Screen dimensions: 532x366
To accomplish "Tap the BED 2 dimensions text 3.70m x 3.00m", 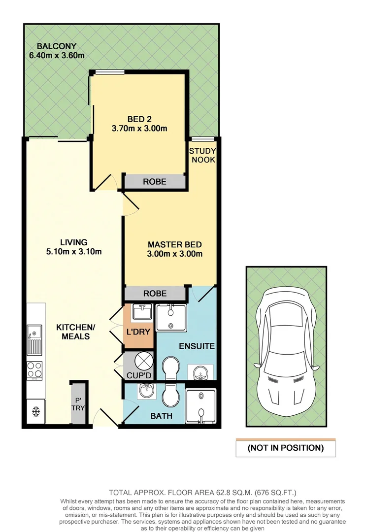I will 140,129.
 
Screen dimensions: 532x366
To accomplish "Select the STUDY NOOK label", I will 202,155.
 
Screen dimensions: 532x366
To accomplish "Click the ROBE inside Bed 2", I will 154,182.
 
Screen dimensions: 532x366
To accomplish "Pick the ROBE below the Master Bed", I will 154,294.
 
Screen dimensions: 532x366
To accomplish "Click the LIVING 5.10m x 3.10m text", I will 74,247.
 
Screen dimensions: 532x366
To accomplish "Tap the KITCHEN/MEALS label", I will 72,332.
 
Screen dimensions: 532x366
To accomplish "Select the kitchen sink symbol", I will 34,340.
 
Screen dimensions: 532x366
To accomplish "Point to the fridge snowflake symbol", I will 35,410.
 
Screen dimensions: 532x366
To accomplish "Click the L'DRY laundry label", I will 139,332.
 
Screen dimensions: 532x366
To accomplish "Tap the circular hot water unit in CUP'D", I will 138,361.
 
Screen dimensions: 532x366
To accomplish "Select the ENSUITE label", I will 197,346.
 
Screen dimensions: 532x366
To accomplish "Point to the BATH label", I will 161,416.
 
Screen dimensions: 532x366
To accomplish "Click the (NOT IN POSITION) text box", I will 286,448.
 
